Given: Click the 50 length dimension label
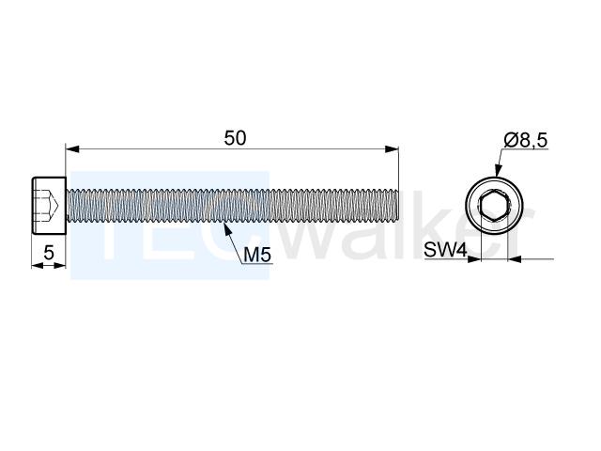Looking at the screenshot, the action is tap(235, 138).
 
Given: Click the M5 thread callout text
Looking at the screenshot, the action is tap(257, 255).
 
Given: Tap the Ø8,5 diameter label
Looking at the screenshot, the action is tap(526, 140).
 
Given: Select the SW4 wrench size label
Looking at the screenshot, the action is tap(445, 251).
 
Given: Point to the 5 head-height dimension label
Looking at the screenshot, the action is tap(49, 253).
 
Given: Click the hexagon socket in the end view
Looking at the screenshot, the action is tap(494, 205).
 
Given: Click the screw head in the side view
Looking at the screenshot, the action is tap(49, 205).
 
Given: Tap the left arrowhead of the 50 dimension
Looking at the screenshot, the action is tap(72, 149).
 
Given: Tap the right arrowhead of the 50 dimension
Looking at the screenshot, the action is tap(392, 149).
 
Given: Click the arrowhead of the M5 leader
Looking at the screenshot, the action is tap(227, 229).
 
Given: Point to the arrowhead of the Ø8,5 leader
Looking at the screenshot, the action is tap(498, 170).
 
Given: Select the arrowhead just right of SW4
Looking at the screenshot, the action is tap(473, 259).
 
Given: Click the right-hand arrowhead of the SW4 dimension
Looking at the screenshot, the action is tap(515, 259).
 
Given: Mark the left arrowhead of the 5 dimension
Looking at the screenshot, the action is tap(38, 265).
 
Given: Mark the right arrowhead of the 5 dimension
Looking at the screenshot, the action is tap(60, 265).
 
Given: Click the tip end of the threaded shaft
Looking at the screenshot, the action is tap(398, 205).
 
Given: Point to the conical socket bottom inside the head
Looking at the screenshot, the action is tap(54, 205).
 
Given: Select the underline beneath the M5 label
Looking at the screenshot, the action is tap(257, 264).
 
